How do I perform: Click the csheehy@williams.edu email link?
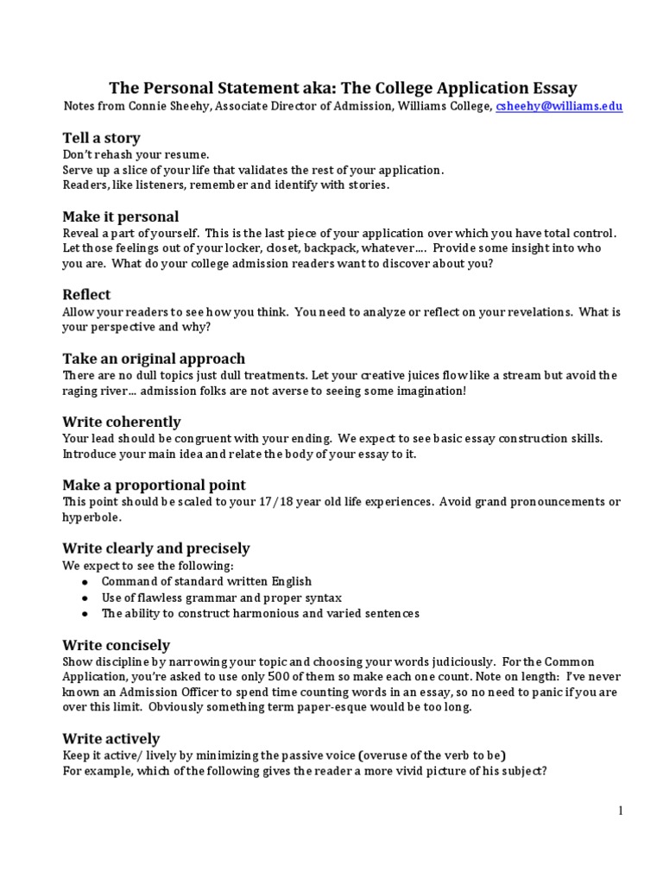click(x=559, y=106)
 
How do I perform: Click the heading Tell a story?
click(x=101, y=138)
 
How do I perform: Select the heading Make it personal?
click(x=120, y=216)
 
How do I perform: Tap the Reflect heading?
click(x=86, y=295)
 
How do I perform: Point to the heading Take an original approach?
click(x=154, y=359)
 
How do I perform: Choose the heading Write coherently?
click(x=121, y=422)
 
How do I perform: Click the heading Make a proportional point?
click(x=154, y=485)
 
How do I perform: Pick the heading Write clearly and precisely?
click(x=155, y=548)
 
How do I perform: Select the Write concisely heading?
click(x=116, y=645)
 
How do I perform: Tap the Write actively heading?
click(x=110, y=739)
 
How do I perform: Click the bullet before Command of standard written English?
click(x=84, y=582)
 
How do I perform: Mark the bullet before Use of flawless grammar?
click(x=84, y=598)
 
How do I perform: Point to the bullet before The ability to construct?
click(x=84, y=614)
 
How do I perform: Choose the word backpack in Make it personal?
click(x=334, y=248)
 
